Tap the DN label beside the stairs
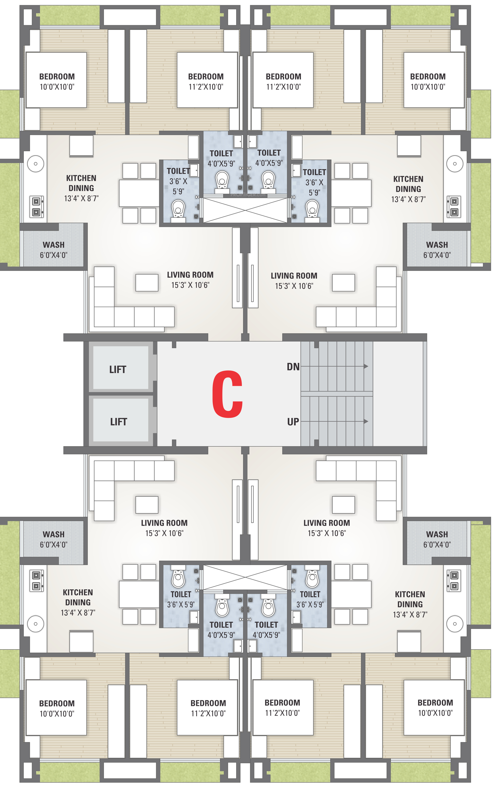point(293,367)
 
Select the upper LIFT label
point(117,369)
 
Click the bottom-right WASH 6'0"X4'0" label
point(437,539)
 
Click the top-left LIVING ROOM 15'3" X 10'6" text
point(190,280)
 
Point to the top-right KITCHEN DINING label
point(408,189)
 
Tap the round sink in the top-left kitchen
point(36,164)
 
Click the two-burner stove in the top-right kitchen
point(454,207)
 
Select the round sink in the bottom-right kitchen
point(455,624)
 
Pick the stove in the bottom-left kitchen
point(36,581)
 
